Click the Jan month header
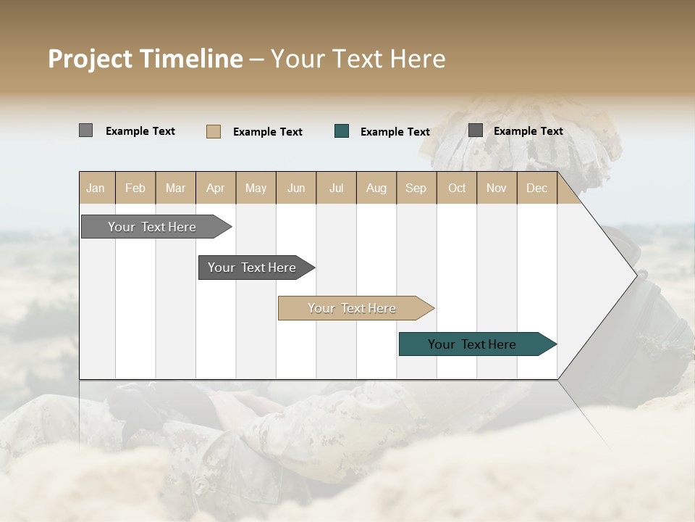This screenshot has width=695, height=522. pyautogui.click(x=96, y=188)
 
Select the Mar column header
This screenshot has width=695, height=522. pyautogui.click(x=175, y=188)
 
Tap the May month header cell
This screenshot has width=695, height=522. pyautogui.click(x=256, y=188)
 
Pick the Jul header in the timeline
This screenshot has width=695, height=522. pyautogui.click(x=336, y=188)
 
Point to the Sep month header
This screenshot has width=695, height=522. pyautogui.click(x=416, y=188)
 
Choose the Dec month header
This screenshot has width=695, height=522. pyautogui.click(x=536, y=188)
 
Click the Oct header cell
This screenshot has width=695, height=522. pyautogui.click(x=457, y=188)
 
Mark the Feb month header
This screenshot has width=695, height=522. pyautogui.click(x=135, y=188)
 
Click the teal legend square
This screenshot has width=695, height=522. pyautogui.click(x=342, y=131)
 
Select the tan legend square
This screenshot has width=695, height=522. pyautogui.click(x=214, y=131)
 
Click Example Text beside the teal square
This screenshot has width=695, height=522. pyautogui.click(x=395, y=132)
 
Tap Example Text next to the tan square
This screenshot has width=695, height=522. pyautogui.click(x=268, y=132)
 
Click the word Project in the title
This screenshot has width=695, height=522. pyautogui.click(x=90, y=59)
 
